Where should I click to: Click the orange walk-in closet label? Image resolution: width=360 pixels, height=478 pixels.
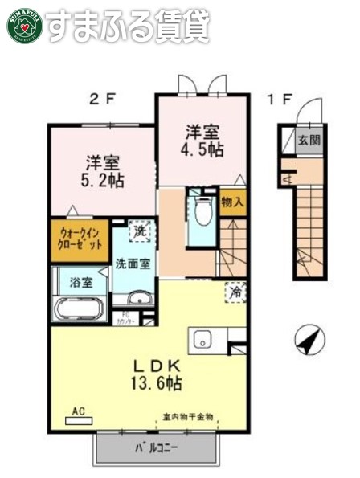[x=79, y=239]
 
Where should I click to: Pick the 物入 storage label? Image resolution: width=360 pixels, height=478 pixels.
[x=232, y=202]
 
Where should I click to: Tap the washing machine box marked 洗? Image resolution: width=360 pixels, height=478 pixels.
[x=141, y=231]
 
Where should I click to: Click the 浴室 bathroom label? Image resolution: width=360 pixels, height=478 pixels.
[x=80, y=282]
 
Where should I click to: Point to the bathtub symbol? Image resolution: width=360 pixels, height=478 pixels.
[x=78, y=308]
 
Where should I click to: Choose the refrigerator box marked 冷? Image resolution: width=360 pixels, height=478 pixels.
[x=235, y=293]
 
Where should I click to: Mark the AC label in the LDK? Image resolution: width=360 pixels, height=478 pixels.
[x=79, y=410]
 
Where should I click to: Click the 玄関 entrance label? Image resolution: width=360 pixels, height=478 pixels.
[x=309, y=140]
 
